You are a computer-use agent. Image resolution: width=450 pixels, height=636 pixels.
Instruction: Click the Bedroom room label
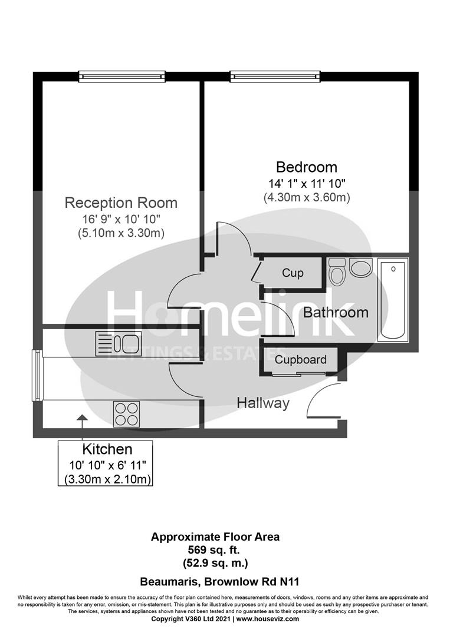(x=307, y=167)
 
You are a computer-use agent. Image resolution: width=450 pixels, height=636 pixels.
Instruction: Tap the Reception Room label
(x=121, y=203)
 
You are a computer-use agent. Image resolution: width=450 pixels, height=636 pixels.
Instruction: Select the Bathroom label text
(x=335, y=312)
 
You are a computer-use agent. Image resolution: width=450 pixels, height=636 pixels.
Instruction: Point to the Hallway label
(x=263, y=403)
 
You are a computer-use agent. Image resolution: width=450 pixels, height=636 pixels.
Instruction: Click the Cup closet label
(x=293, y=273)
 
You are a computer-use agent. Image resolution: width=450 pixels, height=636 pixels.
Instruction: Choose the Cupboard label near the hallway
(x=300, y=359)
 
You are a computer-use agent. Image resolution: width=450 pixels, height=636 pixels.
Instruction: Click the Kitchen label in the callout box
(x=107, y=450)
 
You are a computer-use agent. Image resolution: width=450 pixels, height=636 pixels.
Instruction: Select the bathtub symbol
(x=393, y=300)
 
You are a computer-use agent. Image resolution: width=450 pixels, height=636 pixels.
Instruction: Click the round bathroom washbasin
(x=360, y=268)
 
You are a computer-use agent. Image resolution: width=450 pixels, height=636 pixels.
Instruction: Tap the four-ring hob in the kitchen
(x=126, y=413)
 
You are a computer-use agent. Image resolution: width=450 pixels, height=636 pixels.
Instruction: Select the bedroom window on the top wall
(x=275, y=77)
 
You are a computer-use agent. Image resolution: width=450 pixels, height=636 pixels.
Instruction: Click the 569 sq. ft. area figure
(x=215, y=550)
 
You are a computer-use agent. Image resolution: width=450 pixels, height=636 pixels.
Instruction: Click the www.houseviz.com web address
(x=268, y=619)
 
